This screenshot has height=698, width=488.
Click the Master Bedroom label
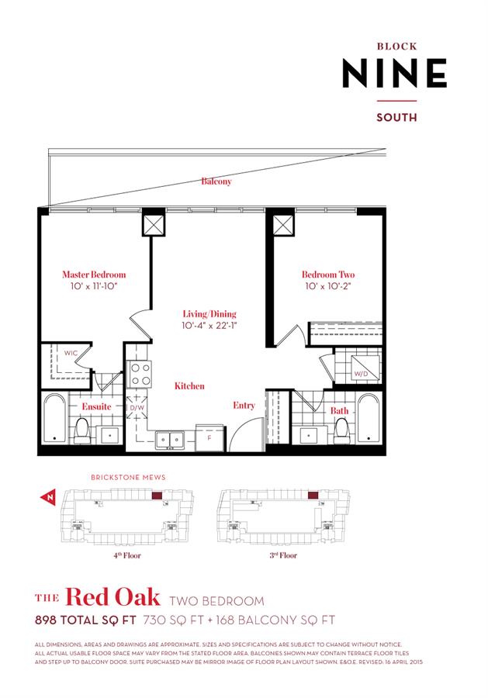point(94,275)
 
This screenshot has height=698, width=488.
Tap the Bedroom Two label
point(328,275)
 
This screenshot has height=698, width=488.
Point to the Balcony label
point(216,181)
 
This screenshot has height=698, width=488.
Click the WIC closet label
point(71,354)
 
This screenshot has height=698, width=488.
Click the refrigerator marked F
point(209,437)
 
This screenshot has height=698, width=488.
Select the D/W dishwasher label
point(137,407)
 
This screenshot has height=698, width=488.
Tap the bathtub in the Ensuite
point(54,419)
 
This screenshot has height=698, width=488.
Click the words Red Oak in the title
point(112,597)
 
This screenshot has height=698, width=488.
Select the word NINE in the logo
point(395,74)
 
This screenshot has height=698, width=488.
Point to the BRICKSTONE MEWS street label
point(128,478)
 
